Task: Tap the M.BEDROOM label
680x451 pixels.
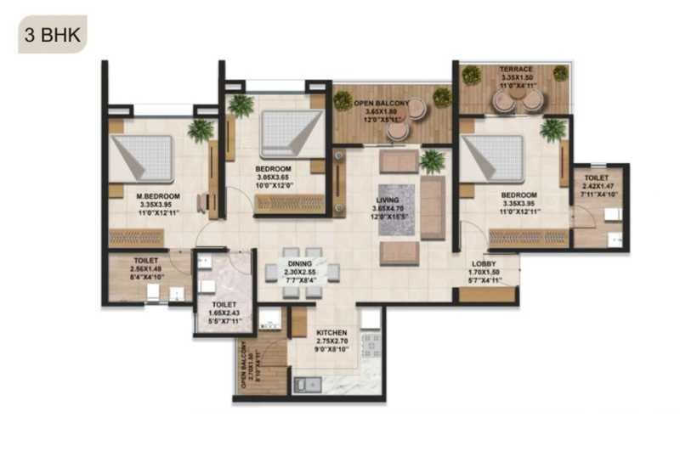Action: [x=156, y=196]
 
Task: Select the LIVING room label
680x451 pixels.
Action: [x=388, y=201]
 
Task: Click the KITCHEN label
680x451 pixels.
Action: [x=333, y=333]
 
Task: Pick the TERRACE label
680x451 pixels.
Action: [x=515, y=69]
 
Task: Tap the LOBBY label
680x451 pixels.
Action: [x=486, y=263]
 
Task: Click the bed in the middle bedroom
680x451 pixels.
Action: [x=284, y=132]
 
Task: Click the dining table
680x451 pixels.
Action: [x=309, y=273]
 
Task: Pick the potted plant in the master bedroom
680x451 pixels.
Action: [x=201, y=130]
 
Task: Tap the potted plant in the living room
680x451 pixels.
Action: [x=432, y=160]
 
